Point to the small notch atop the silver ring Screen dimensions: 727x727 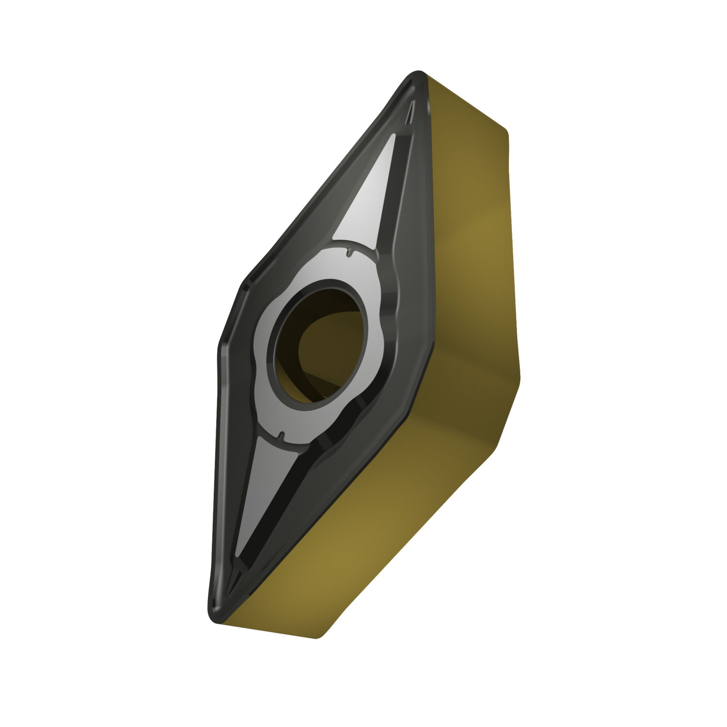coord(349,253)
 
